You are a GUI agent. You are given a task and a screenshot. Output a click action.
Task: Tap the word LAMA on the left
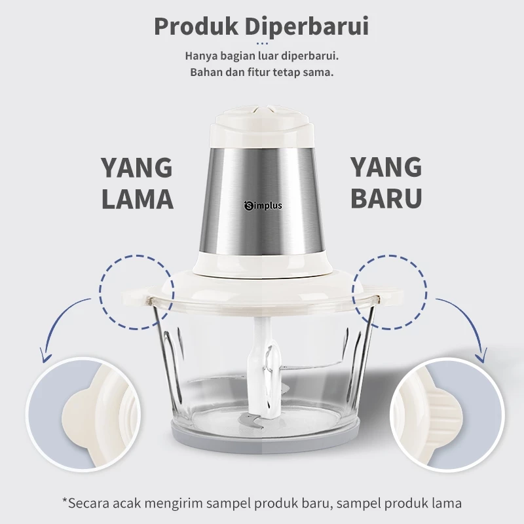(x=137, y=197)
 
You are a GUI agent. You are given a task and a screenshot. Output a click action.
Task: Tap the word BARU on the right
(x=386, y=197)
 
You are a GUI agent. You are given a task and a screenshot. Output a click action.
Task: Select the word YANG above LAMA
(x=137, y=168)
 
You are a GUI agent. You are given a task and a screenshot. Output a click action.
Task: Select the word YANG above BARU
(x=386, y=168)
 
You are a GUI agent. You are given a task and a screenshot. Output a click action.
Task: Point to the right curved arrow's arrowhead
(x=483, y=358)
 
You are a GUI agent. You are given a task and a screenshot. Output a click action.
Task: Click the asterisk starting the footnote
(x=65, y=502)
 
